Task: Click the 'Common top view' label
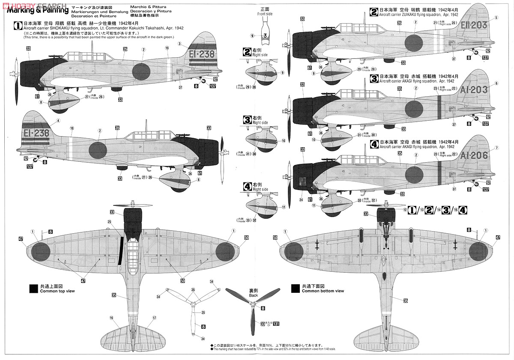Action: pyautogui.click(x=57, y=291)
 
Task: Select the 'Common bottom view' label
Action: pyautogui.click(x=323, y=291)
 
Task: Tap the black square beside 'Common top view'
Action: pyautogui.click(x=33, y=289)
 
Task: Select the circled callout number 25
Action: pyautogui.click(x=109, y=222)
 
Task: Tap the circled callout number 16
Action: pyautogui.click(x=111, y=318)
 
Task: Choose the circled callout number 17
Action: pyautogui.click(x=154, y=318)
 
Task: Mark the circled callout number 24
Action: pyautogui.click(x=301, y=199)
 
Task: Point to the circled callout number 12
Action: pyautogui.click(x=405, y=210)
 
